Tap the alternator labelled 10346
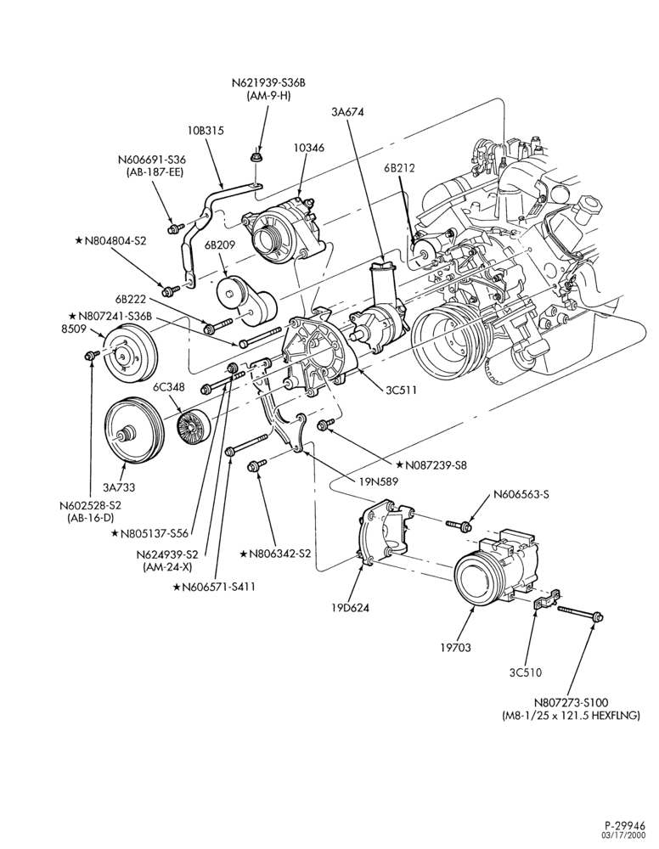click(x=282, y=231)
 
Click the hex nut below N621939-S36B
click(x=255, y=158)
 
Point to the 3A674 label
click(x=347, y=112)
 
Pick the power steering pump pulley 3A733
click(x=133, y=431)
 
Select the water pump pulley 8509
click(x=129, y=353)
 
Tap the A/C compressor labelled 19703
click(x=495, y=569)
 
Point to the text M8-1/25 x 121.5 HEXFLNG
click(x=572, y=715)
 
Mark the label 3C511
click(x=401, y=390)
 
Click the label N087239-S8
click(x=431, y=464)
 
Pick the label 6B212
click(x=400, y=168)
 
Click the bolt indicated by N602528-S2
click(x=89, y=355)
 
